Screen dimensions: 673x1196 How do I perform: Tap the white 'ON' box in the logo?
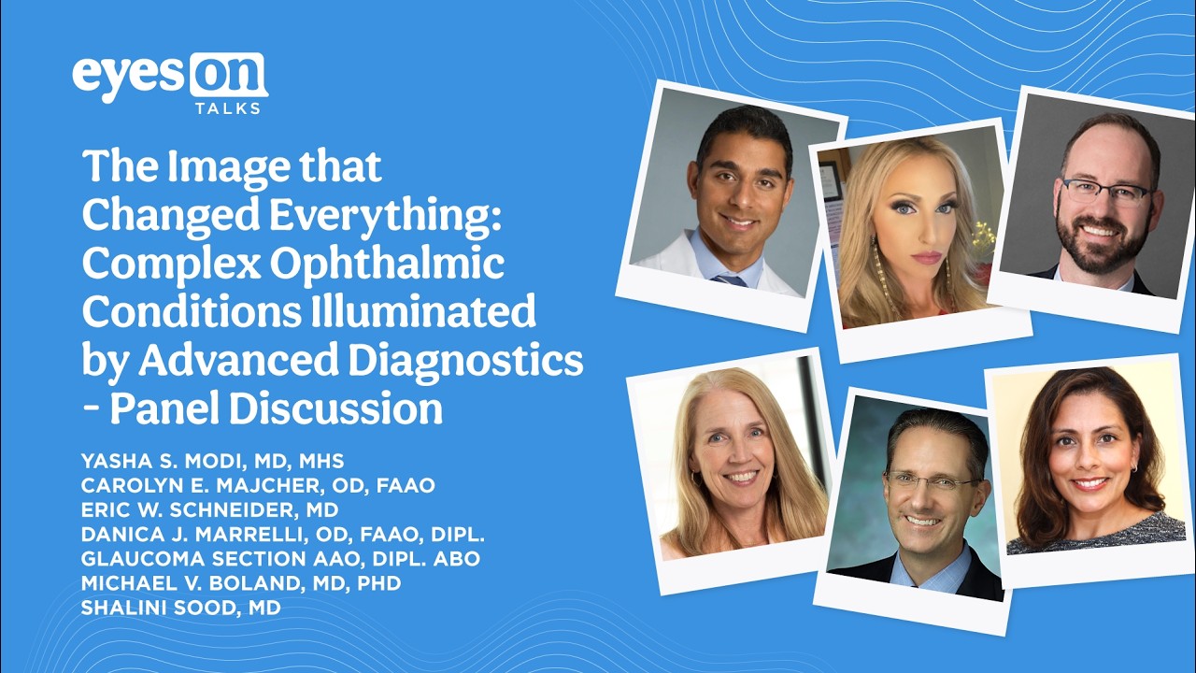click(x=227, y=75)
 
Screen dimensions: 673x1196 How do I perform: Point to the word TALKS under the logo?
click(x=227, y=108)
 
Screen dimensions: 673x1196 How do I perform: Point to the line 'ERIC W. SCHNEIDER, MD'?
click(x=210, y=510)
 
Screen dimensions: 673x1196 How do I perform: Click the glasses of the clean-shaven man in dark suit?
click(x=929, y=482)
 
